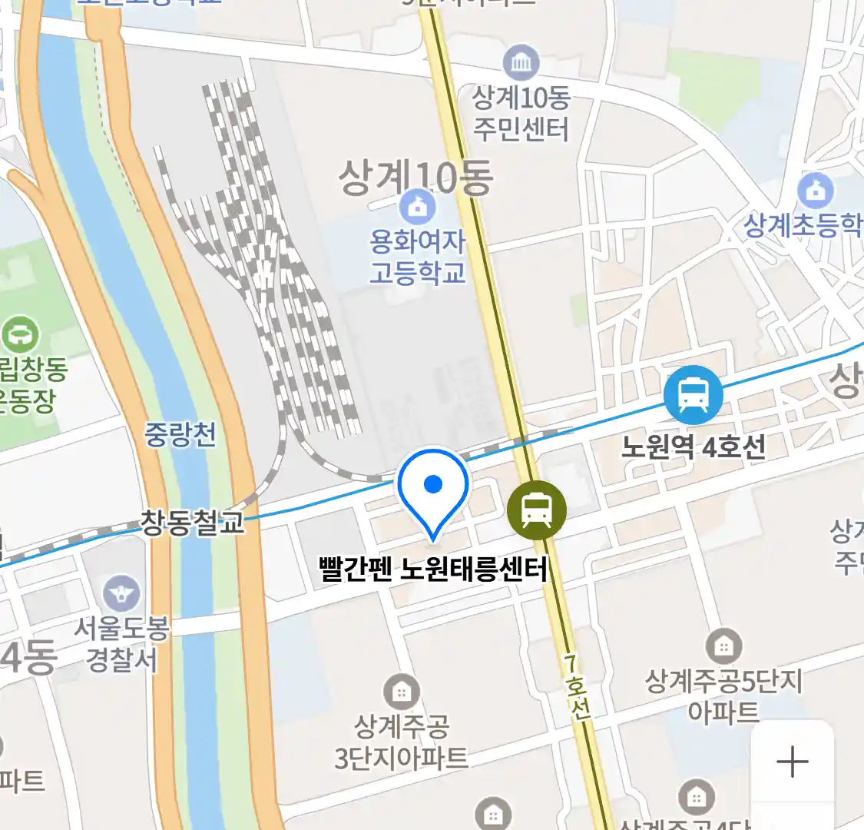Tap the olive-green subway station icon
tap(536, 510)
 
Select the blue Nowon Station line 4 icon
tap(693, 395)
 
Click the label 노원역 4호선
tap(693, 447)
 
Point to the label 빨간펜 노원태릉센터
tap(432, 569)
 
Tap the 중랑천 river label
tap(180, 435)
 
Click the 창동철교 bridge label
tap(192, 523)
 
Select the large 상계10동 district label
tap(415, 177)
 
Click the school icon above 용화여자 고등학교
tap(417, 207)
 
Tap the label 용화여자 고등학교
tap(417, 257)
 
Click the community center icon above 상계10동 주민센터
tap(521, 63)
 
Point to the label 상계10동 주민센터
tap(521, 113)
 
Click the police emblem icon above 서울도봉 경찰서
tap(121, 593)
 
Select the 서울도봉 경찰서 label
tap(121, 644)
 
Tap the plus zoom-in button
tap(792, 762)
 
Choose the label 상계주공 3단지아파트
tap(401, 742)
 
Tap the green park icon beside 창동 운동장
tap(20, 335)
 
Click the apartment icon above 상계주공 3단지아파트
tap(401, 692)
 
